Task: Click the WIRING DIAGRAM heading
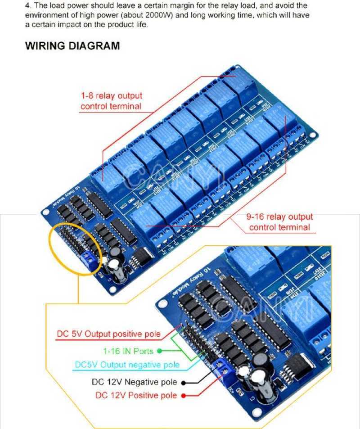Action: tap(72, 46)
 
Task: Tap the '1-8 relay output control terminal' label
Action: tap(111, 101)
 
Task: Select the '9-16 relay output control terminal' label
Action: tap(279, 222)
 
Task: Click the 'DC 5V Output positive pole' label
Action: tap(108, 334)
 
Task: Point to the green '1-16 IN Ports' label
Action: tap(128, 351)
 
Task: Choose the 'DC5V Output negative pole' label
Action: tap(127, 365)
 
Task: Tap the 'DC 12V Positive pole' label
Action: tap(136, 395)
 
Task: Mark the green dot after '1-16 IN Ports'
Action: tap(159, 351)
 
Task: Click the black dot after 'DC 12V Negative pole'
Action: tap(184, 383)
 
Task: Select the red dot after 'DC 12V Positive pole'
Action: tap(184, 396)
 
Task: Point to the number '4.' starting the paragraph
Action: tap(28, 5)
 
